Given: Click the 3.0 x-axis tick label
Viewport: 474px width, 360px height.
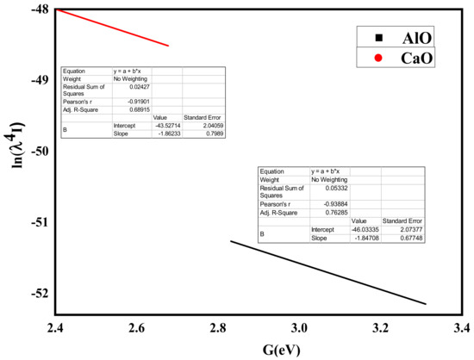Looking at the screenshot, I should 298,329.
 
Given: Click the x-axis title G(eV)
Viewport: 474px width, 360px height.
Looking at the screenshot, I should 259,350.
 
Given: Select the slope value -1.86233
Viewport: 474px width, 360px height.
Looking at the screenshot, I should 165,131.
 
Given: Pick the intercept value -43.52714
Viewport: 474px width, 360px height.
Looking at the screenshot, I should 165,124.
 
